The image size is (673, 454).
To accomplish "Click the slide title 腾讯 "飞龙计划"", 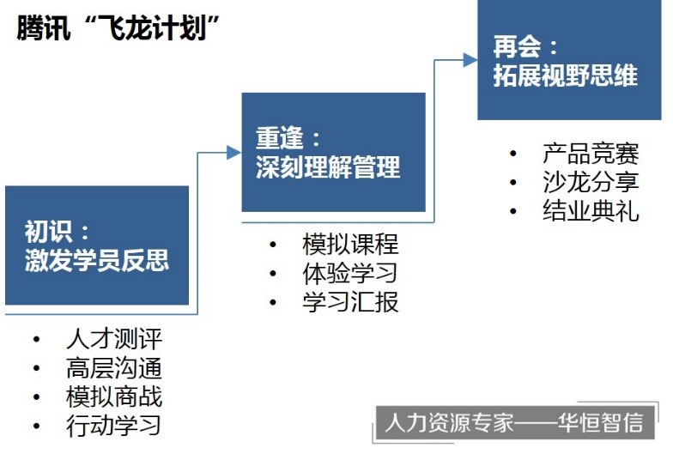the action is [118, 27].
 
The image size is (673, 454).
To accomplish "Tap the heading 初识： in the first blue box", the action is [57, 232].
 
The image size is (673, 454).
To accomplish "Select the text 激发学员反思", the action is [97, 259].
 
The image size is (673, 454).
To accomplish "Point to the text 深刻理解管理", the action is [328, 166].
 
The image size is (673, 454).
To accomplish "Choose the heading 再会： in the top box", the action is [525, 46].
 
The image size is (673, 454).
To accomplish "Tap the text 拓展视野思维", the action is [565, 76].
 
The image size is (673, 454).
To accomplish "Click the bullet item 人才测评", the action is [114, 339].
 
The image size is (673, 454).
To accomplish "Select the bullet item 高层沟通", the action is [114, 367].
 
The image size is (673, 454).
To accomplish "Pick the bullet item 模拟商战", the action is [114, 396].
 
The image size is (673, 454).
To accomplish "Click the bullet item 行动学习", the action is [114, 426].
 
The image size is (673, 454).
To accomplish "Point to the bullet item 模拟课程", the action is [350, 244].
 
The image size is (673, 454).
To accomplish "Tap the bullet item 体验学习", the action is [350, 273].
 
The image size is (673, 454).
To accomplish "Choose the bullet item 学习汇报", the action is [350, 302].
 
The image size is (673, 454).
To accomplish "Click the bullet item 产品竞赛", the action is [591, 153].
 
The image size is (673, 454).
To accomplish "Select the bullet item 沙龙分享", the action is [591, 182].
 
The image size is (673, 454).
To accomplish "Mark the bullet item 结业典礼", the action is [591, 210].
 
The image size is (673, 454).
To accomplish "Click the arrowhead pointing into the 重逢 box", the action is [233, 152].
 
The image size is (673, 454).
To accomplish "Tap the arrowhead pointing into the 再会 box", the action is [470, 60].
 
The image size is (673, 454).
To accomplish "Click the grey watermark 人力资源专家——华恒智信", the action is [515, 422].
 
